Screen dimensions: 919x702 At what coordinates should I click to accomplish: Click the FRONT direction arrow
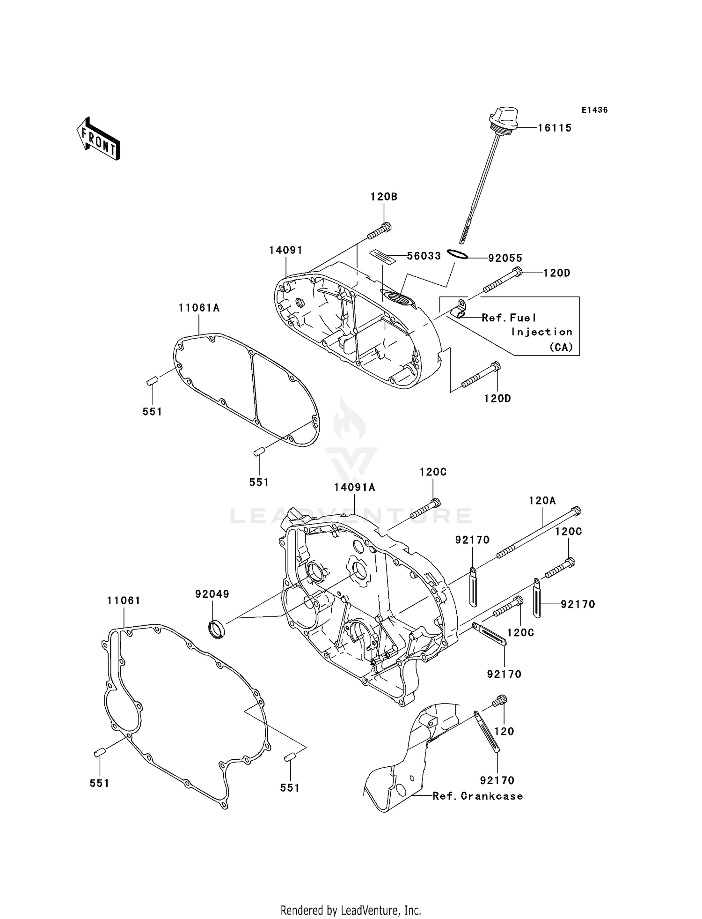tap(99, 139)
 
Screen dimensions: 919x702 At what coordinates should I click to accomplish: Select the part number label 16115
tap(554, 128)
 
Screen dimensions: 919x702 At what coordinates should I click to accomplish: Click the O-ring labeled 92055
tap(457, 254)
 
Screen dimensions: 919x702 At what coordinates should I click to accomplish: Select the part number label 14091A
tap(355, 488)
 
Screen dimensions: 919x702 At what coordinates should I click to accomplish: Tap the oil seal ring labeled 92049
tap(216, 628)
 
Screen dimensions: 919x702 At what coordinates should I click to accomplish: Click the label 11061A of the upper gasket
tap(199, 308)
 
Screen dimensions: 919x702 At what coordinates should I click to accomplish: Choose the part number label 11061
tap(124, 600)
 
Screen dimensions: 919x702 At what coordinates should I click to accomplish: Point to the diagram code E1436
tap(594, 110)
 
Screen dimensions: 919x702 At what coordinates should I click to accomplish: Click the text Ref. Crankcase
tap(477, 796)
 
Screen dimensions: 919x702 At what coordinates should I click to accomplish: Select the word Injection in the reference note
tap(541, 332)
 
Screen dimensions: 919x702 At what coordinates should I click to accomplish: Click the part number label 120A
tap(542, 501)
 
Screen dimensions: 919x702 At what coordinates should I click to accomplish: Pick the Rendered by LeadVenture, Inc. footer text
tap(351, 910)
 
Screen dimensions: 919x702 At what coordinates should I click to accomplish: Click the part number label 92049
tap(212, 594)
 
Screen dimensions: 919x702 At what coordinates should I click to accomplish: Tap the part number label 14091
tap(285, 251)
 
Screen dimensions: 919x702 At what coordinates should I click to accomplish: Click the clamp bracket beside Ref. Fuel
tap(460, 310)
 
